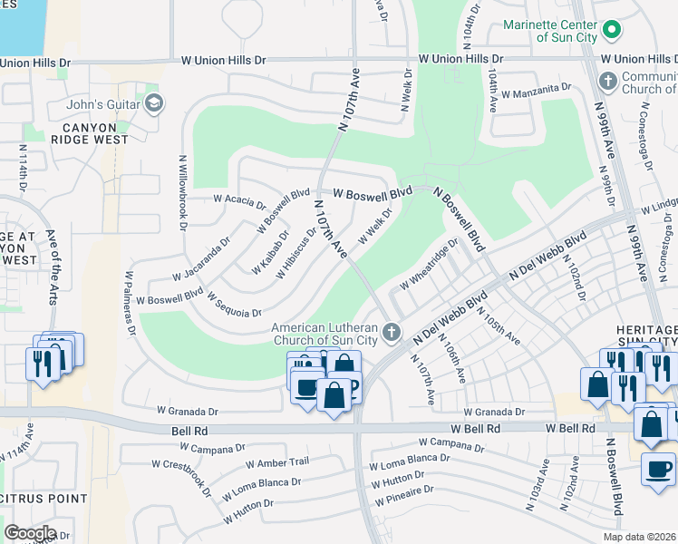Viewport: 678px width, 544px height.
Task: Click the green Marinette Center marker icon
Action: [612, 31]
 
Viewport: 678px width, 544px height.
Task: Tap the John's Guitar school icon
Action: [153, 103]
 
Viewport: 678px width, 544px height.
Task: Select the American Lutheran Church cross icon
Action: [392, 331]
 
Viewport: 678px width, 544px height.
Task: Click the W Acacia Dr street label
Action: [239, 198]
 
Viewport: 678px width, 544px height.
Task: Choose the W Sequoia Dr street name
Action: [234, 304]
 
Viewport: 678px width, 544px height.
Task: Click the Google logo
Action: [30, 533]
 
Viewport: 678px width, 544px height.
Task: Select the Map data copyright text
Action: [639, 537]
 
